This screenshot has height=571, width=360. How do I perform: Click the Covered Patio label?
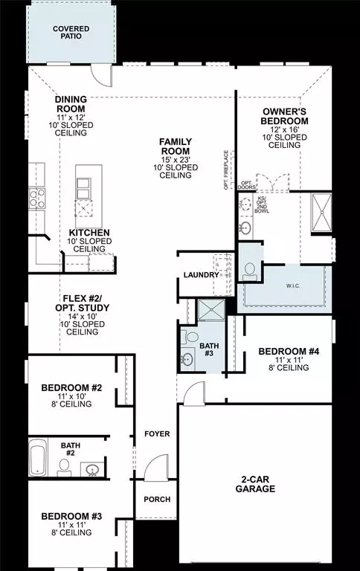(x=70, y=33)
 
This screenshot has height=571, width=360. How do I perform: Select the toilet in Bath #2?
(x=65, y=467)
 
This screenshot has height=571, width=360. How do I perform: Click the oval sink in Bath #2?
(x=93, y=469)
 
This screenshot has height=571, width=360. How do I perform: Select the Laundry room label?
(x=202, y=275)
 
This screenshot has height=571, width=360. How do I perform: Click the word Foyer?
(x=157, y=433)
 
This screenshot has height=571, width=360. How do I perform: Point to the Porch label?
(x=157, y=499)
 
